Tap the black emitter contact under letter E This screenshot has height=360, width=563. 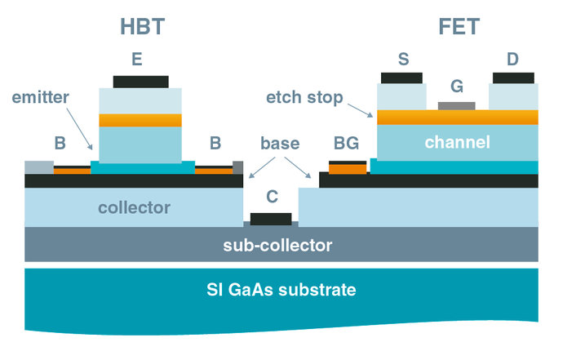140,82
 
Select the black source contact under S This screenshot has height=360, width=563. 401,78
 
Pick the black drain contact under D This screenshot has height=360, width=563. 513,78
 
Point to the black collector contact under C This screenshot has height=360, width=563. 271,219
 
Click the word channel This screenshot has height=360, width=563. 457,143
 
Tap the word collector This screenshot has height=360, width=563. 134,207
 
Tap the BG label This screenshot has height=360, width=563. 345,144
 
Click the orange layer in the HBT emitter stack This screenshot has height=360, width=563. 140,120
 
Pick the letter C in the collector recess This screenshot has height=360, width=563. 271,197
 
